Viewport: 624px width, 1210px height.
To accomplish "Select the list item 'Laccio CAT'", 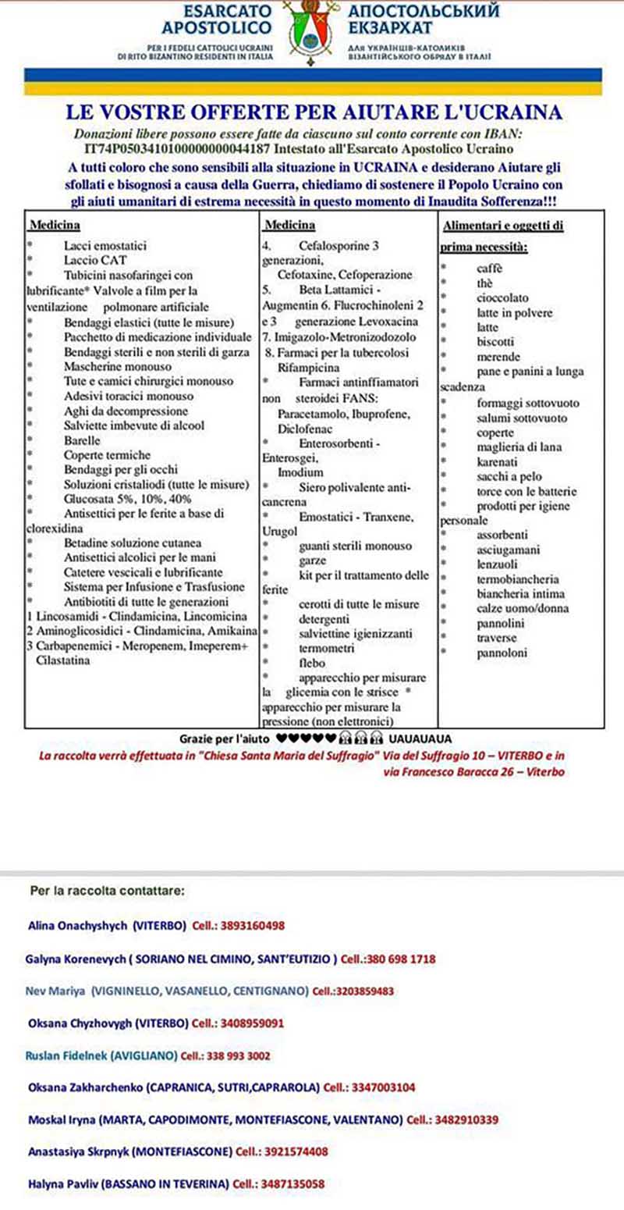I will (95, 261).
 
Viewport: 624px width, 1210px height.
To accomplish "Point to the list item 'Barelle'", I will (82, 440).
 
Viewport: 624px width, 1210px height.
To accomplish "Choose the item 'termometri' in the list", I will (328, 648).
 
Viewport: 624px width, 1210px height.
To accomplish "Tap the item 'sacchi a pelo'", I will (509, 476).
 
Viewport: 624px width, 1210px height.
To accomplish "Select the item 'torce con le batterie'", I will (526, 491).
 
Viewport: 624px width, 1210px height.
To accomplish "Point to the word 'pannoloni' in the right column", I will (502, 653).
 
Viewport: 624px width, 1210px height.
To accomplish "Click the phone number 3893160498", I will (254, 926).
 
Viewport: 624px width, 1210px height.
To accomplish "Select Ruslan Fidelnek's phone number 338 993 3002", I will (238, 1055).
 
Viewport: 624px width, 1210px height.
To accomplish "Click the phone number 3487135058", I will (293, 1183).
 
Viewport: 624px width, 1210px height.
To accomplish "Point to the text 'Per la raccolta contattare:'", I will (108, 890).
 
